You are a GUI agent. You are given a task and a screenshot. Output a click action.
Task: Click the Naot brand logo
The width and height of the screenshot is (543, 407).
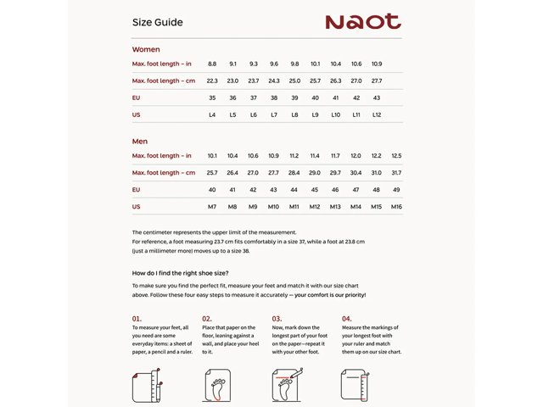pyautogui.click(x=362, y=22)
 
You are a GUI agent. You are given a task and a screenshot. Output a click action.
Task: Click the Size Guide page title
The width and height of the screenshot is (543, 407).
pyautogui.click(x=157, y=23)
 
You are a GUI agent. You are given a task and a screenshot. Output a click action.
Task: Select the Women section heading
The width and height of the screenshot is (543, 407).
pyautogui.click(x=146, y=49)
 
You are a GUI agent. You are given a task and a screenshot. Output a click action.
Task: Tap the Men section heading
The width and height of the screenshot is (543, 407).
pyautogui.click(x=140, y=141)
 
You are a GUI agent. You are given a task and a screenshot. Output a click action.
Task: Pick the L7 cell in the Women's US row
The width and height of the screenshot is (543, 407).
pyautogui.click(x=274, y=114)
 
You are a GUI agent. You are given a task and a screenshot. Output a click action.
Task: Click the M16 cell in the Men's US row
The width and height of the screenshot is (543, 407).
pyautogui.click(x=396, y=207)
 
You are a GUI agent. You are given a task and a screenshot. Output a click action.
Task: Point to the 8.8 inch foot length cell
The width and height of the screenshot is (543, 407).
pyautogui.click(x=212, y=64)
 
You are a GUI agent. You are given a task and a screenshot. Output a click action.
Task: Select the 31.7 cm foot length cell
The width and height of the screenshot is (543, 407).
pyautogui.click(x=396, y=173)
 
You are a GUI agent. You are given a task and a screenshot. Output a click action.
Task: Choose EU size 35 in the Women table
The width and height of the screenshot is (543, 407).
pyautogui.click(x=212, y=98)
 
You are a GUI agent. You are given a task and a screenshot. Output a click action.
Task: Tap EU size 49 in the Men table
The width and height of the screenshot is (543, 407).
pyautogui.click(x=396, y=190)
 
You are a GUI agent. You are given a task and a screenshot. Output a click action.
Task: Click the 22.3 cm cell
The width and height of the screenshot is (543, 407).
pyautogui.click(x=212, y=81)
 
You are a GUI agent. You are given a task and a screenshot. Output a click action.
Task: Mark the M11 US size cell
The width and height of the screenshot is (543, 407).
pyautogui.click(x=294, y=207)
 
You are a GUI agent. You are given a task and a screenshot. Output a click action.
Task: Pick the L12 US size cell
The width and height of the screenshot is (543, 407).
pyautogui.click(x=377, y=114)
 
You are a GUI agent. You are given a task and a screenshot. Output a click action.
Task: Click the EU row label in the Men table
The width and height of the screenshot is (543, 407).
pyautogui.click(x=137, y=190)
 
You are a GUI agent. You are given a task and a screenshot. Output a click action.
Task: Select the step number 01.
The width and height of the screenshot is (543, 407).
pyautogui.click(x=137, y=319)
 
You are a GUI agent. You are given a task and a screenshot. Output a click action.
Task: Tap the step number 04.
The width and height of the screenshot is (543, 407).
pyautogui.click(x=346, y=319)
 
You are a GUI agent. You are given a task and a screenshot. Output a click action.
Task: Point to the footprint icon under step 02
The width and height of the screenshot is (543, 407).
pyautogui.click(x=218, y=386)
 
